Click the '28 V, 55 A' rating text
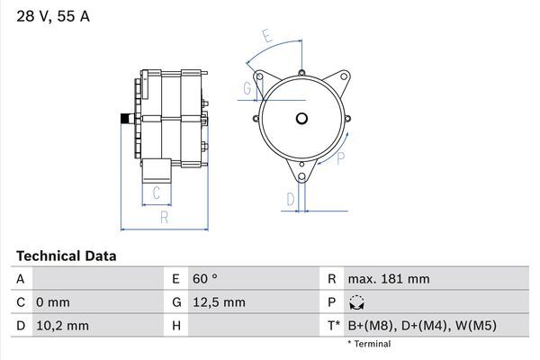pos(51,17)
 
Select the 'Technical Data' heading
pos(65,256)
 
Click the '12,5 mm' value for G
pos(220,302)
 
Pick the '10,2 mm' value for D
pos(62,325)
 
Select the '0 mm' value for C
pos(52,302)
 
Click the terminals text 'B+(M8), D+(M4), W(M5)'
pos(423,325)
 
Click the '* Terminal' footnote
pos(369,344)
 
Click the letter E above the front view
pos(267,36)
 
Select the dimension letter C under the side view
pos(156,192)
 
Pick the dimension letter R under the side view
pos(163,216)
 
